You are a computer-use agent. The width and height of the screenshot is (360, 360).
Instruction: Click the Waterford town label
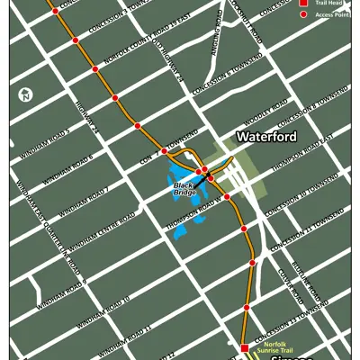click(266, 137)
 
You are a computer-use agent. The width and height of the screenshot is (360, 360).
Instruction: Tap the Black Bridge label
click(184, 188)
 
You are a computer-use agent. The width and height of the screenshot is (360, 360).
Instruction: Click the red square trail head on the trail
click(244, 347)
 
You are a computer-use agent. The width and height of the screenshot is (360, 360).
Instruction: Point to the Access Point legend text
click(331, 15)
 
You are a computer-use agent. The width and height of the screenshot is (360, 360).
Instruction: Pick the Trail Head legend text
click(328, 3)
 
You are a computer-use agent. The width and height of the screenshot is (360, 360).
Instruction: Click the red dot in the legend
click(303, 15)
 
